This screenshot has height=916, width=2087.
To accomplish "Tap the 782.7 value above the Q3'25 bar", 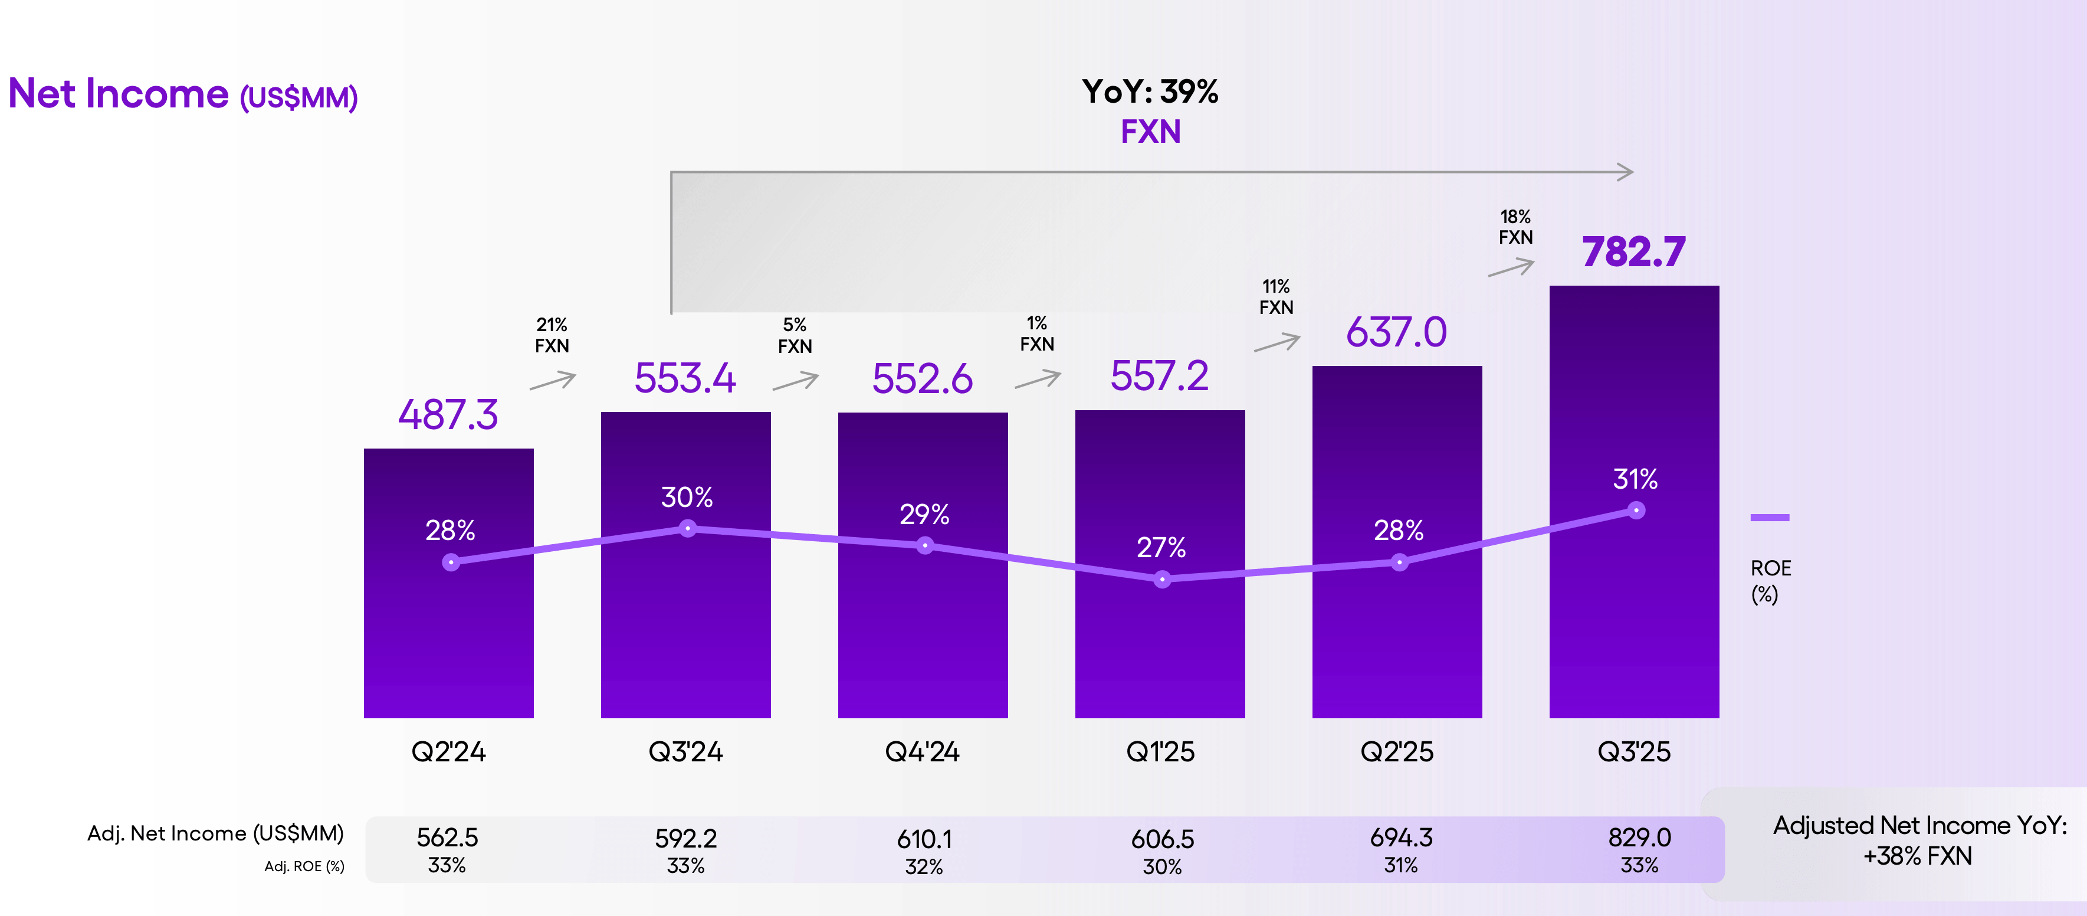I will (1633, 251).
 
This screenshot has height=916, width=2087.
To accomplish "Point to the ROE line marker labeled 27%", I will (1162, 579).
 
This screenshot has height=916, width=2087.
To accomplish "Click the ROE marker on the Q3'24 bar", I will (687, 528).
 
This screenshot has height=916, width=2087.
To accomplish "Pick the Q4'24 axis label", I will (922, 751).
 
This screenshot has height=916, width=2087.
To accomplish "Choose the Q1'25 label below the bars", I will (1160, 751).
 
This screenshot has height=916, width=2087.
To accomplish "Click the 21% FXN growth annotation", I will (552, 335).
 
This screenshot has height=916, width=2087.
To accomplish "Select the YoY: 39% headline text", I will (1150, 91).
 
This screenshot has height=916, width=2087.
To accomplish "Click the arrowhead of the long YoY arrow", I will (1625, 172).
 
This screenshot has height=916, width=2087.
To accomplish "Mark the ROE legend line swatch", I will (1770, 517).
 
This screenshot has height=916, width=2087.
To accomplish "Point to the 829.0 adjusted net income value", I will (1639, 836).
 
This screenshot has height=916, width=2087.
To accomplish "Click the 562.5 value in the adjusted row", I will (447, 836).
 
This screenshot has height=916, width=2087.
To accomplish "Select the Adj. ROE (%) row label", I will (304, 866).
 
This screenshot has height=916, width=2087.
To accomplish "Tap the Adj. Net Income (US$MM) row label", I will (215, 833).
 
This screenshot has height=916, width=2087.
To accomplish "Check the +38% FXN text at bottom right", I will (1917, 856).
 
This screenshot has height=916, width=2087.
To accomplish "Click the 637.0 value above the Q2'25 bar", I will (1396, 332).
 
